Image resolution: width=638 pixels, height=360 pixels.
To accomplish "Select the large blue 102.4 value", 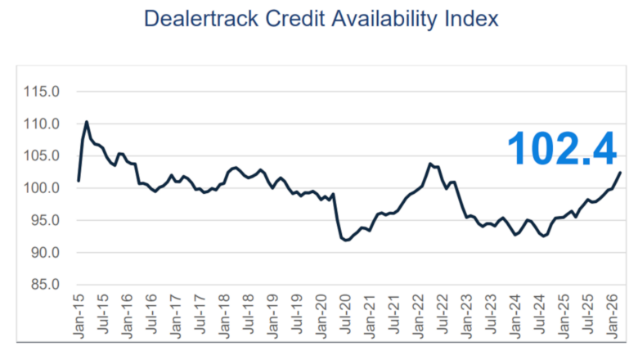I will click(x=561, y=147).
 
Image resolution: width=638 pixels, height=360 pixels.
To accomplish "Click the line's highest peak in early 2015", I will click(x=87, y=122).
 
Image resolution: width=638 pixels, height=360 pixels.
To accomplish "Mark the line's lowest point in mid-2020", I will click(x=345, y=240).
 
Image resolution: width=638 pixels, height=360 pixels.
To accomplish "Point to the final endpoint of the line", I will click(x=620, y=173).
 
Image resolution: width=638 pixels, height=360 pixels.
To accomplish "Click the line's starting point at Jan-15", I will click(x=79, y=181).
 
